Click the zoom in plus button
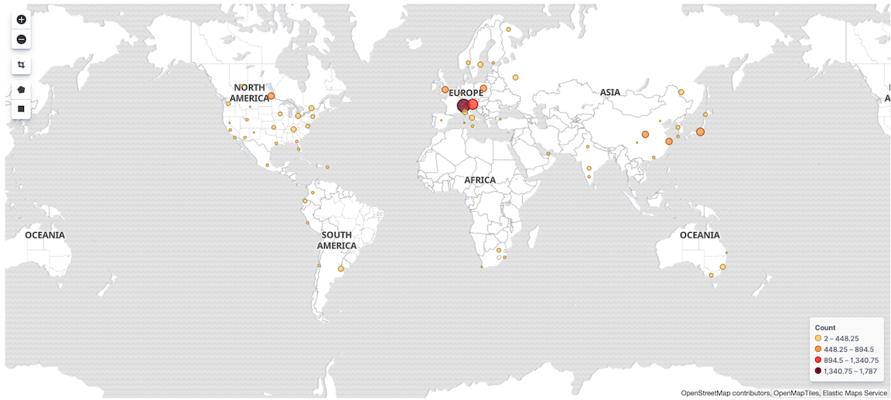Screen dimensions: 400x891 pyautogui.click(x=21, y=19)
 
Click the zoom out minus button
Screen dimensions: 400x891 pyautogui.click(x=21, y=39)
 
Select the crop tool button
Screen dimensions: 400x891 pyautogui.click(x=21, y=65)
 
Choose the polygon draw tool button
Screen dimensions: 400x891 pyautogui.click(x=21, y=90)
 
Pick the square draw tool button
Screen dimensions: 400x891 pyautogui.click(x=21, y=109)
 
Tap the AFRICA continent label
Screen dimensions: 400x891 pyautogui.click(x=480, y=180)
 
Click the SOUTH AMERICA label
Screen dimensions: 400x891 pyautogui.click(x=336, y=240)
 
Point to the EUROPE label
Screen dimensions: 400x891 pyautogui.click(x=466, y=93)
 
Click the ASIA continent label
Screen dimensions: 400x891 pyautogui.click(x=610, y=93)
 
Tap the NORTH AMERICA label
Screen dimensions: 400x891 pyautogui.click(x=249, y=93)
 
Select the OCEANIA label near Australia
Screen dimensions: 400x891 pyautogui.click(x=699, y=235)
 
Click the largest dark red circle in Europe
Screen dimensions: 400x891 pyautogui.click(x=463, y=106)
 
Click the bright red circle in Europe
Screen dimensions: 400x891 pyautogui.click(x=473, y=104)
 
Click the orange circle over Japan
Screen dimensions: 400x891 pyautogui.click(x=700, y=132)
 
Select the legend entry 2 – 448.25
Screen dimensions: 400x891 pyautogui.click(x=841, y=339)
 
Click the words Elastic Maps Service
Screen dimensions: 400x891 pyautogui.click(x=855, y=393)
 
